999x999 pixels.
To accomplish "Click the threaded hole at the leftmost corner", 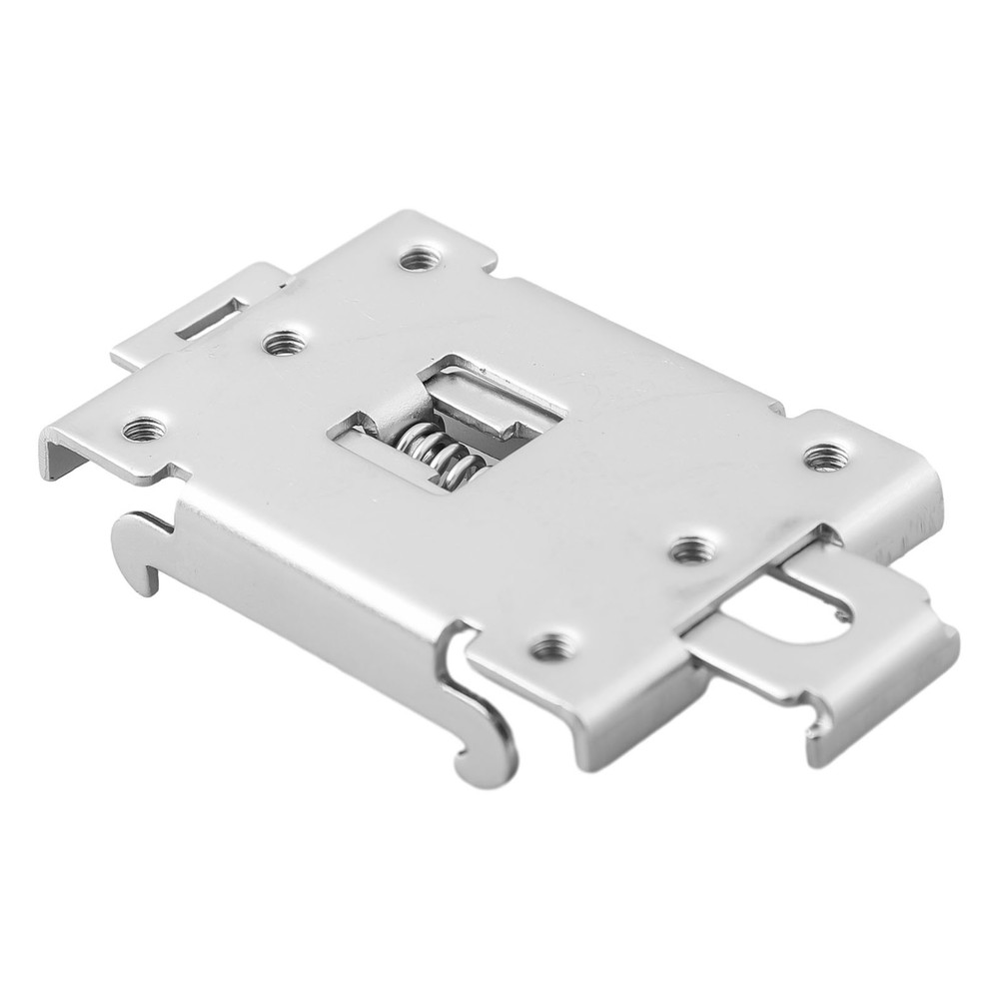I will click(x=143, y=430).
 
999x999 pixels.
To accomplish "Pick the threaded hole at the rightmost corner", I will click(x=824, y=458).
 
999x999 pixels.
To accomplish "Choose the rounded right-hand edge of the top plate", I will click(x=929, y=499).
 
